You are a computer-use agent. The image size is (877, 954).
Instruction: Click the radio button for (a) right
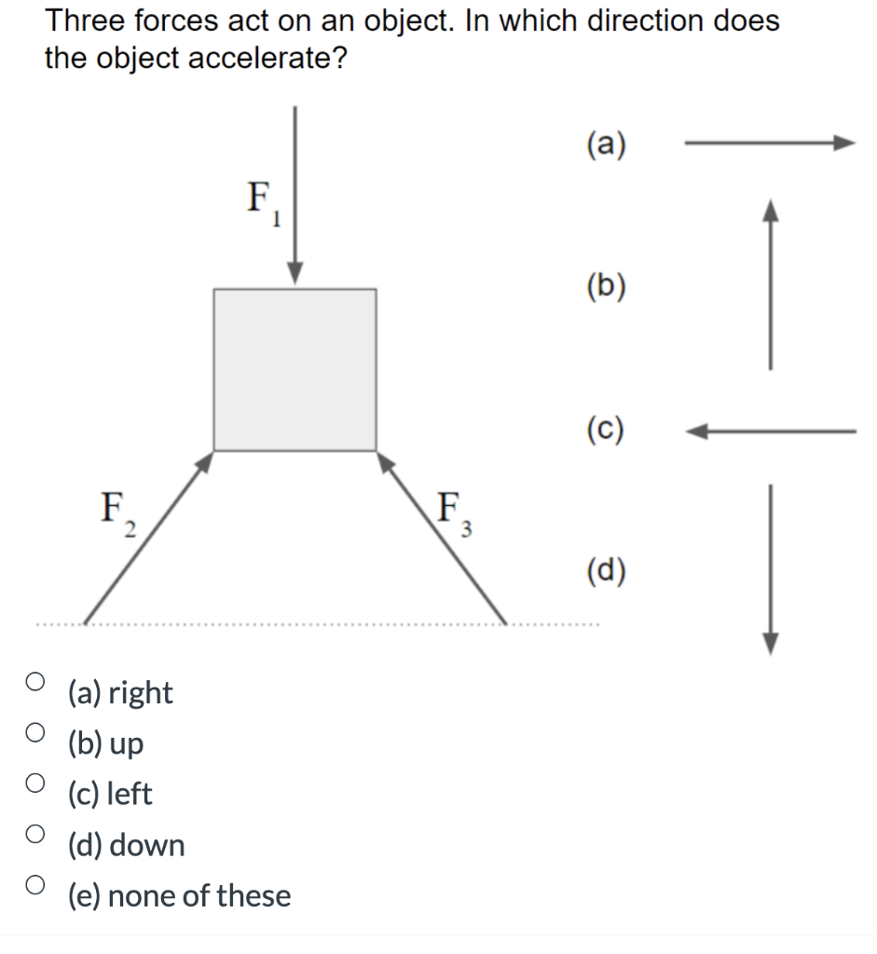[x=34, y=681]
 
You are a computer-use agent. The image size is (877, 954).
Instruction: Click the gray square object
[x=295, y=370]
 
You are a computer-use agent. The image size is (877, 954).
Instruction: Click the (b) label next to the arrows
[x=607, y=287]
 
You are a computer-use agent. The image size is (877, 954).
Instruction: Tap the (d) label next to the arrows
[x=607, y=570]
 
